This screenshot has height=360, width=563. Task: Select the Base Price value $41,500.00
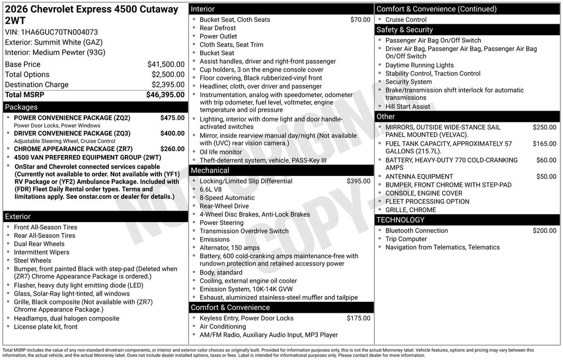[x=165, y=64]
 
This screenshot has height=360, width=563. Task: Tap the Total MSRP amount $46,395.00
[x=165, y=95]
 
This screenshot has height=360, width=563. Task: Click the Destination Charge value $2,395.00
[x=168, y=85]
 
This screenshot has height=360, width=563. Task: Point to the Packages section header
[x=21, y=107]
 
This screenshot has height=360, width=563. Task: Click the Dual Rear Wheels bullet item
[x=39, y=244]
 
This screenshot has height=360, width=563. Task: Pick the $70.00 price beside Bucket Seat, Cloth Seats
[x=360, y=20]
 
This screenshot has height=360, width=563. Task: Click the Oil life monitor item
[x=220, y=152]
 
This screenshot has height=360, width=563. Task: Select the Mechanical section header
[x=209, y=170]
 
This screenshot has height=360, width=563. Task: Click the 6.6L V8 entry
[x=211, y=190]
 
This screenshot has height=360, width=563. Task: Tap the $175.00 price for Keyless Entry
[x=358, y=318]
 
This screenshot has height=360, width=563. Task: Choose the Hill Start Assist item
[x=407, y=107]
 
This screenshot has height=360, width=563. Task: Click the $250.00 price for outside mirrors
[x=544, y=128]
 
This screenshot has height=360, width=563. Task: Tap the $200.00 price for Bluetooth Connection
[x=544, y=231]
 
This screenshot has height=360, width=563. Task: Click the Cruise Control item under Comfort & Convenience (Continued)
[x=406, y=20]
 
